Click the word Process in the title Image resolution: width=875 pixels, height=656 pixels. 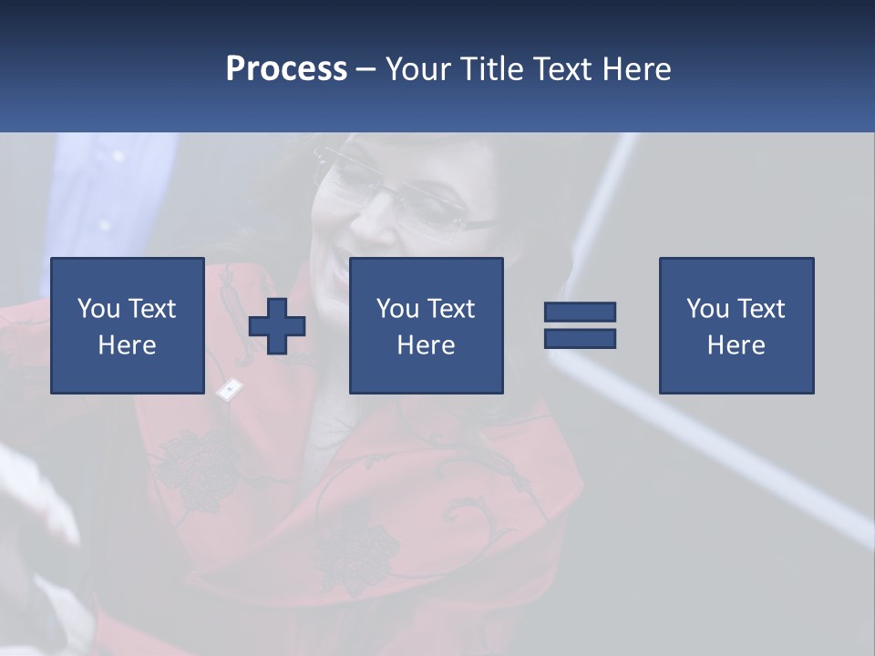pyautogui.click(x=286, y=69)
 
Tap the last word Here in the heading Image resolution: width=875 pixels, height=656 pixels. pyautogui.click(x=637, y=69)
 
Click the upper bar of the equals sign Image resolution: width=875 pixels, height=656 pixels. pyautogui.click(x=580, y=312)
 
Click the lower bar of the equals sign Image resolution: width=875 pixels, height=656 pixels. pyautogui.click(x=580, y=338)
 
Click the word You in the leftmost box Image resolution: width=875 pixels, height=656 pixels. pyautogui.click(x=98, y=309)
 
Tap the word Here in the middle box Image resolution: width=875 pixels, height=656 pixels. pyautogui.click(x=427, y=345)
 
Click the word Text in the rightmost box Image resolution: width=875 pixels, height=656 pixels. pyautogui.click(x=762, y=309)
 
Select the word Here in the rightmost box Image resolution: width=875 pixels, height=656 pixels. pyautogui.click(x=736, y=345)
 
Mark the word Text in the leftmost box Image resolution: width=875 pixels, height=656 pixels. pyautogui.click(x=152, y=309)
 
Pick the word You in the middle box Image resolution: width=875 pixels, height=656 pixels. pyautogui.click(x=397, y=309)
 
